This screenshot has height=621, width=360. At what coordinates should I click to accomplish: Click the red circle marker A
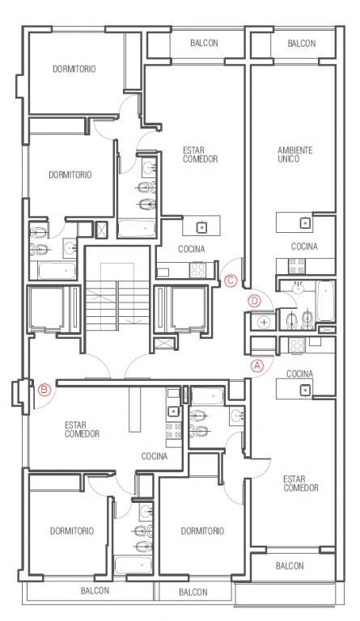pos(257,365)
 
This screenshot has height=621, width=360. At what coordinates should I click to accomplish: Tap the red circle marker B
pos(44,390)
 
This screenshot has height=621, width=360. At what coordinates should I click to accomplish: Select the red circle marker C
pos(230,281)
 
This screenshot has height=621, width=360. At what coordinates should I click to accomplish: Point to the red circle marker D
pos(254,301)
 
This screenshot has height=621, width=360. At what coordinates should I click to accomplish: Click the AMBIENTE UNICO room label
pos(295,155)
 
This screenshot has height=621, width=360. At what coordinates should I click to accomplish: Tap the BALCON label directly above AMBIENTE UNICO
pos(302,44)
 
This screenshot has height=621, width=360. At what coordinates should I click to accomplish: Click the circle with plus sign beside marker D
pos(265,322)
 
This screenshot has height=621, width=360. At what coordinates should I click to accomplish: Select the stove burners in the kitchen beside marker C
pos(197,270)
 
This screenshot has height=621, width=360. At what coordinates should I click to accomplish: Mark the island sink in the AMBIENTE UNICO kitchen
pos(305,222)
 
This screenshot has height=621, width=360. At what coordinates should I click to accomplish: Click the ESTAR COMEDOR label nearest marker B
pos(82,430)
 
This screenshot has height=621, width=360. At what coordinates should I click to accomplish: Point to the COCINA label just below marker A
pos(299,374)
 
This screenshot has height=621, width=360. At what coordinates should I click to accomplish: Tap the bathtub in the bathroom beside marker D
pos(325,301)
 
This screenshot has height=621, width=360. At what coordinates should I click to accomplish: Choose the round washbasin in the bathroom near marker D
pos(299,288)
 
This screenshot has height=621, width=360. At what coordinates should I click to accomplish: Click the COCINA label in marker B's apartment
pos(155,456)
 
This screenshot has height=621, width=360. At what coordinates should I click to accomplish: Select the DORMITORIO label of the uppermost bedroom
pos(74,69)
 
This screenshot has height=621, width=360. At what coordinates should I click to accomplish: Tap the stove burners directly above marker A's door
pos(297,346)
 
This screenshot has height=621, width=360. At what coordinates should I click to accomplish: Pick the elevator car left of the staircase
pos(45,308)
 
